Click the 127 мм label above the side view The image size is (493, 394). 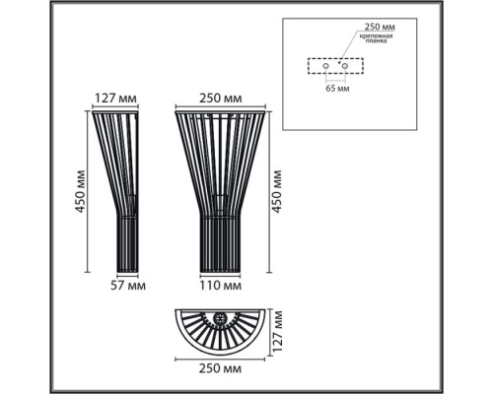115,98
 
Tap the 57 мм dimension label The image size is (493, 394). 128,286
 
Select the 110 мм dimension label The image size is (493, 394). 221,286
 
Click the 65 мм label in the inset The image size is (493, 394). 337,89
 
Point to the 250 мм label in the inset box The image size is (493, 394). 380,27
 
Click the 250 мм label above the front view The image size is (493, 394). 221,98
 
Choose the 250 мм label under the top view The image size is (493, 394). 220,368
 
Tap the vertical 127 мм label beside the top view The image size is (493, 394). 278,332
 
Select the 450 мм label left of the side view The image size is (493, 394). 81,191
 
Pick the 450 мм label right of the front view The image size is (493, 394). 277,191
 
